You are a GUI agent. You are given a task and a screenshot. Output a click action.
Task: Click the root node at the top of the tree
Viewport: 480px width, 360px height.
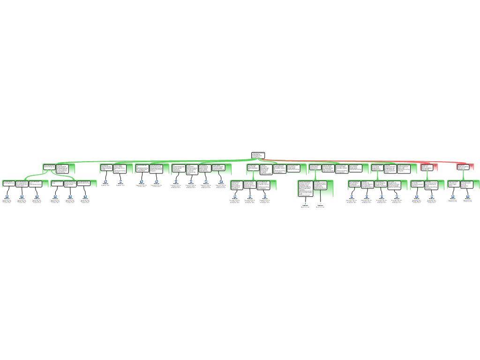[258, 155]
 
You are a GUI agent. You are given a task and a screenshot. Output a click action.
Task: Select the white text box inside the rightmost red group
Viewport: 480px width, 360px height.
[463, 166]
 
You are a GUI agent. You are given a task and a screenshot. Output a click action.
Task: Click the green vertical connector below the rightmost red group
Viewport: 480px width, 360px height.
[463, 175]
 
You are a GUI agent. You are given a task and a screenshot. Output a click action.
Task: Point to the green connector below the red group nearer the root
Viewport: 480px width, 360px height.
[427, 175]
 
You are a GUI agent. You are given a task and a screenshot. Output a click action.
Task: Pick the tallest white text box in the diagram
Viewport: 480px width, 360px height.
[305, 188]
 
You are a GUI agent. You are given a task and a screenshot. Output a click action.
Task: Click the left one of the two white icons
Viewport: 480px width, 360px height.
[305, 203]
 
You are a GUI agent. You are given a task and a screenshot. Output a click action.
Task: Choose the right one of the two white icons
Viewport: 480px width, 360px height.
[321, 203]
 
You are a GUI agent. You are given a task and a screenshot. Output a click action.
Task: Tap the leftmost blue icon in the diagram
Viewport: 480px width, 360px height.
[7, 196]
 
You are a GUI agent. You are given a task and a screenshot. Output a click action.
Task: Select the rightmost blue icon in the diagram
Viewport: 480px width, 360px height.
[468, 196]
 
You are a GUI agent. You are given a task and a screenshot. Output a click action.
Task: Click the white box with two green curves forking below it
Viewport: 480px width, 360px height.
[49, 166]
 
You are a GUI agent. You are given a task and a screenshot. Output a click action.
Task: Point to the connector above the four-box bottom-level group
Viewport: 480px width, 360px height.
[377, 176]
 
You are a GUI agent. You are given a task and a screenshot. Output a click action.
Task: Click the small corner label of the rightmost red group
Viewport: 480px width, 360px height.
[472, 165]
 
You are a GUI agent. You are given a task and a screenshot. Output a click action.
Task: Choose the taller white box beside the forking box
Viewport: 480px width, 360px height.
[62, 168]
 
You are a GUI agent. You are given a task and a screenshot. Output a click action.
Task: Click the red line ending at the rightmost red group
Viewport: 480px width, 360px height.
[375, 161]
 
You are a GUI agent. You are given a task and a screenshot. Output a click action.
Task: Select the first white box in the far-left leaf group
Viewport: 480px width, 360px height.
[8, 183]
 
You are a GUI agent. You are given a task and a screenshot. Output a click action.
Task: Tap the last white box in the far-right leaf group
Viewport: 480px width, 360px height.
[467, 184]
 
